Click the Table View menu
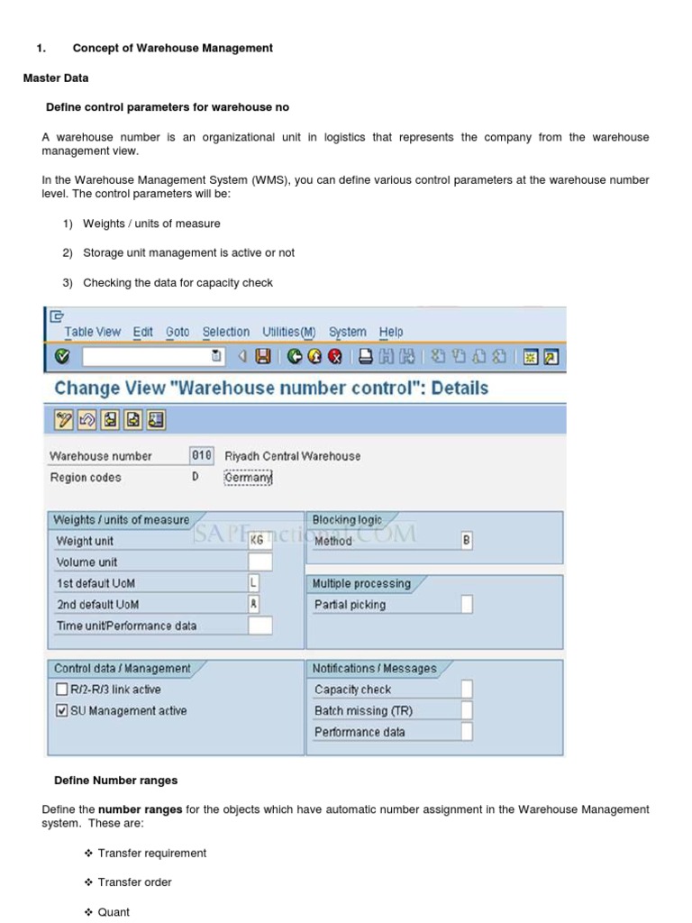tap(92, 332)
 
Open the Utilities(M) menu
tap(289, 332)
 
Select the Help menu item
tap(391, 332)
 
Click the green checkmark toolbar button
tap(61, 357)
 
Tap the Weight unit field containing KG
tap(259, 541)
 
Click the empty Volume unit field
tap(259, 562)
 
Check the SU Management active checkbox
tap(61, 711)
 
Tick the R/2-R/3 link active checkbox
tap(61, 690)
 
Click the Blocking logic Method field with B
tap(466, 541)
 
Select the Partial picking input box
tap(466, 605)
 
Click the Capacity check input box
tap(466, 690)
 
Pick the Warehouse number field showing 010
tap(202, 456)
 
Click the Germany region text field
tap(248, 478)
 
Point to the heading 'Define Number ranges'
tap(115, 780)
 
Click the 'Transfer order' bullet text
tap(134, 882)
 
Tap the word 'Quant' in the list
tap(114, 912)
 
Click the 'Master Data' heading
tap(56, 78)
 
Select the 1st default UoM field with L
tap(253, 583)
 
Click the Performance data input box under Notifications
tap(466, 732)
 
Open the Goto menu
tap(178, 332)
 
